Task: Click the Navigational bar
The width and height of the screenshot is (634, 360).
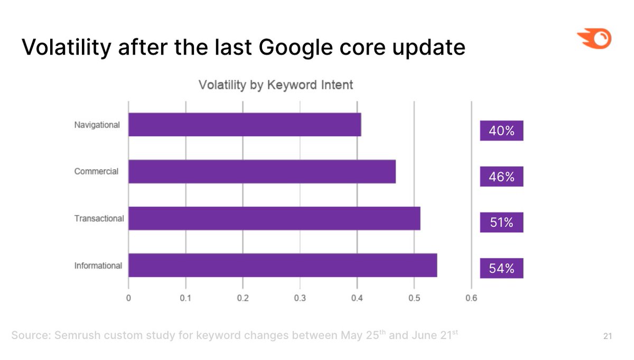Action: point(245,125)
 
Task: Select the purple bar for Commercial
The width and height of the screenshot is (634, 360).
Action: point(262,172)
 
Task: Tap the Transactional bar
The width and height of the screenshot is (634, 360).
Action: point(274,218)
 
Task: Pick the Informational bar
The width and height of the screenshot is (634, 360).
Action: point(283,265)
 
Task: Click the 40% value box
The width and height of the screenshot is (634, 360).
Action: point(501,131)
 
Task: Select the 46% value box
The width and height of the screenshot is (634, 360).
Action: point(501,177)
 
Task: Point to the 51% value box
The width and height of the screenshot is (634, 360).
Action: point(501,223)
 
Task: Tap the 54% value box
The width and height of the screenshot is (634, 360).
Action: point(501,269)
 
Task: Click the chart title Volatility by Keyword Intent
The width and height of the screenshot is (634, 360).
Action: point(275,85)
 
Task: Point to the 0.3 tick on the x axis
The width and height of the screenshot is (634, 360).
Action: point(300,298)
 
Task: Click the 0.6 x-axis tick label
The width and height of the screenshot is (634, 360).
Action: point(471,298)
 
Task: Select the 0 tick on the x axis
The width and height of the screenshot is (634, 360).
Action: point(128,298)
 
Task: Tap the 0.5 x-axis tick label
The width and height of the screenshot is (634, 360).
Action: point(414,298)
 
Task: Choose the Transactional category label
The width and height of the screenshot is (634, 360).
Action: point(99,218)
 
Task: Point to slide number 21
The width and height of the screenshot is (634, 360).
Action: point(607,336)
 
